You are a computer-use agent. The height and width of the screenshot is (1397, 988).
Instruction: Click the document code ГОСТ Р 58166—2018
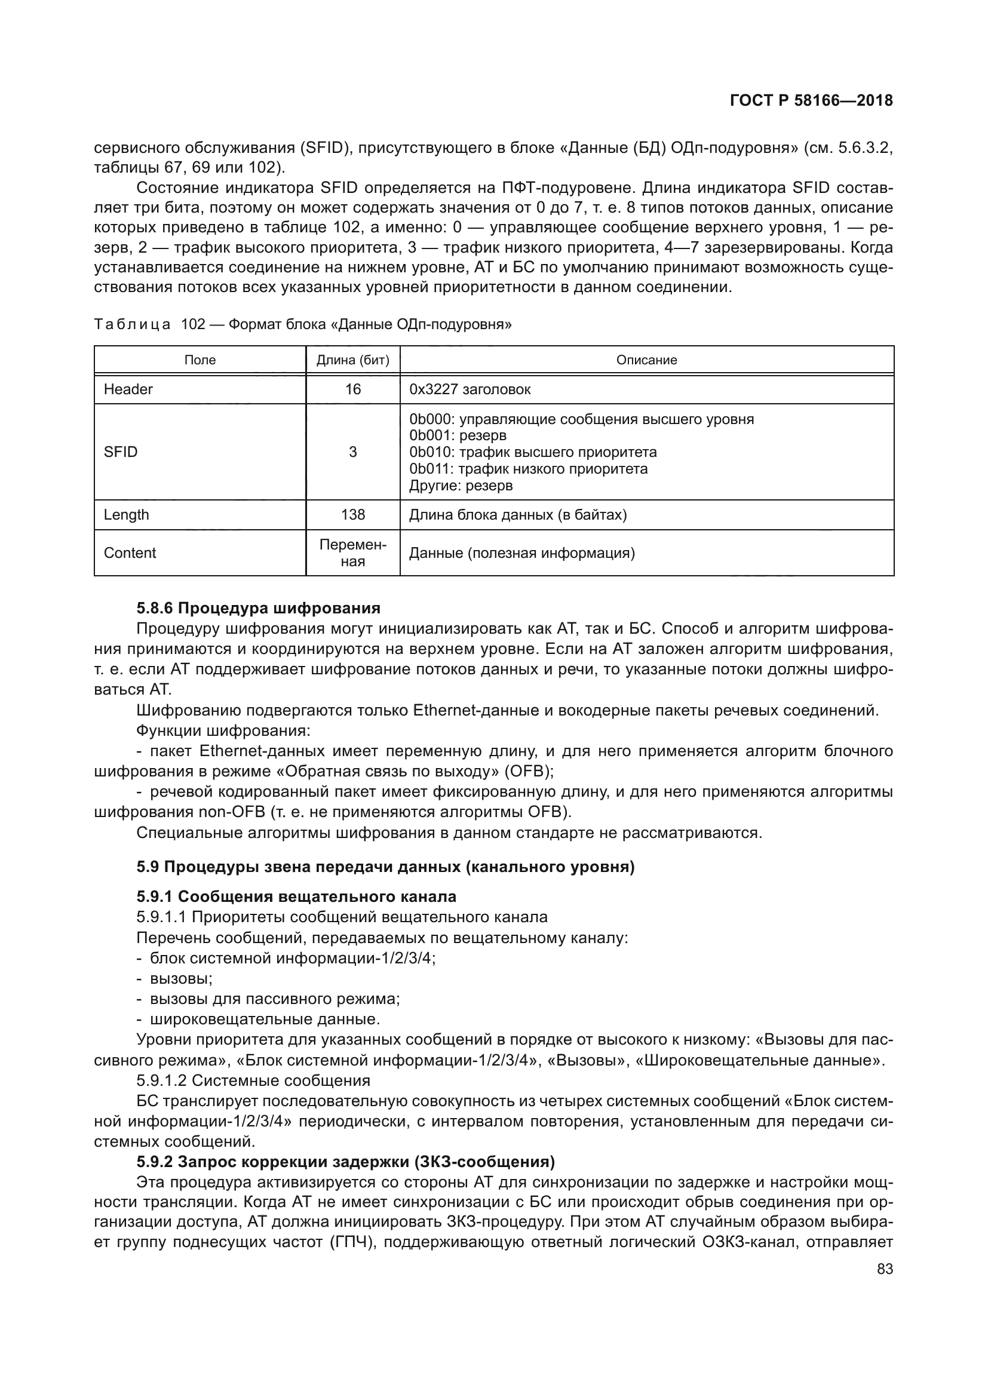click(x=811, y=101)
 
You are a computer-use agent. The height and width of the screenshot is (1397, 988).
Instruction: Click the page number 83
click(x=885, y=1269)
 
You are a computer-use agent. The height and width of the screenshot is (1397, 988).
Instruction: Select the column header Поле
click(x=200, y=360)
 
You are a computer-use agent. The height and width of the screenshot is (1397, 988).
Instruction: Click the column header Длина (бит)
click(x=353, y=360)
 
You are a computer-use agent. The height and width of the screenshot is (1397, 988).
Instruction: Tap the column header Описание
click(x=646, y=360)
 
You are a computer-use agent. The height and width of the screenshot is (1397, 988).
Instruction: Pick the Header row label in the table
click(x=128, y=389)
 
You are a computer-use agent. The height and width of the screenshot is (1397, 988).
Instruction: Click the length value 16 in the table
click(x=353, y=389)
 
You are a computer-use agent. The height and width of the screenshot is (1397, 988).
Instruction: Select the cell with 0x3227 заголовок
click(x=470, y=389)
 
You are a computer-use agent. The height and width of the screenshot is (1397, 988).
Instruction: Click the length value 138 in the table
click(x=353, y=515)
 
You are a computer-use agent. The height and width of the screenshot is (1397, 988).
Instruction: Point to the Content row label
click(x=130, y=553)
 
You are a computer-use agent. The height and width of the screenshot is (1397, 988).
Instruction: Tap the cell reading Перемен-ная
click(x=353, y=553)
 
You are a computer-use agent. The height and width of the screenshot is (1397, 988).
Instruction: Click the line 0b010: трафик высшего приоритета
click(x=533, y=453)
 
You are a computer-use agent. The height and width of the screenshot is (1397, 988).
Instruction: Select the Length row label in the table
click(x=126, y=515)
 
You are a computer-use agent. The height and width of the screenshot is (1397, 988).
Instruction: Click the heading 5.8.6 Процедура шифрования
click(x=258, y=608)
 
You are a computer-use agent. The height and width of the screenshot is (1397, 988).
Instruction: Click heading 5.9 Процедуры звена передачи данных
click(x=385, y=867)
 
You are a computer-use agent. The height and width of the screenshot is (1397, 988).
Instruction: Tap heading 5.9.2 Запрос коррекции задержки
click(x=345, y=1162)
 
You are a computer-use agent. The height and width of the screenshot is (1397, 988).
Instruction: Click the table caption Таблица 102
click(x=302, y=325)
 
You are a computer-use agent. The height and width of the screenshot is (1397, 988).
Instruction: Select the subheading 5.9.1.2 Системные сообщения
click(x=253, y=1080)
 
